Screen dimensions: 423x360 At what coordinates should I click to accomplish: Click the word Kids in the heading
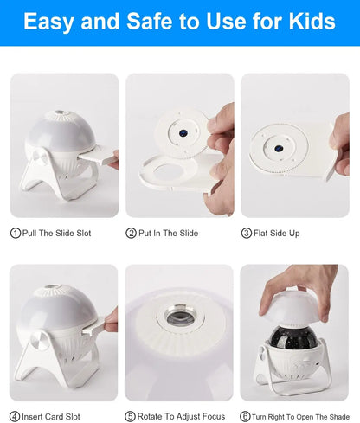pyautogui.click(x=308, y=22)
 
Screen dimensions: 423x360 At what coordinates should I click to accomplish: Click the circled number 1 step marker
pyautogui.click(x=15, y=233)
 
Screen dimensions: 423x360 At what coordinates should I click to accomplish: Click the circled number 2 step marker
pyautogui.click(x=132, y=233)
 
